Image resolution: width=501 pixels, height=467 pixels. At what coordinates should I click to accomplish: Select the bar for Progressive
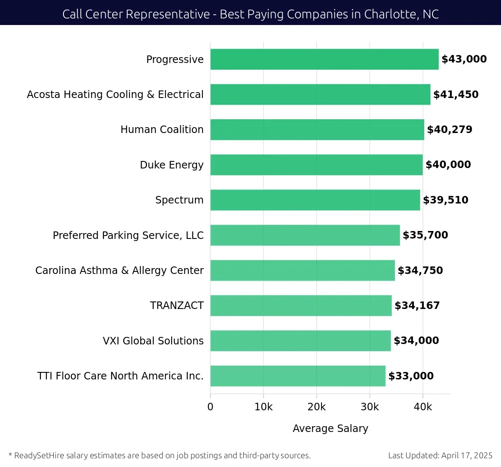(x=324, y=59)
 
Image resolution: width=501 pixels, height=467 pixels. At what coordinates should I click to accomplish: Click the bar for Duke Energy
(x=316, y=165)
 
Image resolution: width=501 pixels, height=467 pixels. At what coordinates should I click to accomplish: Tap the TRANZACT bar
(x=301, y=306)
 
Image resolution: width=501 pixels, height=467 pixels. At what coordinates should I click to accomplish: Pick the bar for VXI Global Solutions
(x=301, y=341)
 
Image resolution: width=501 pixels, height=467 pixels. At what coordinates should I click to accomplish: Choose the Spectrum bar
(x=315, y=200)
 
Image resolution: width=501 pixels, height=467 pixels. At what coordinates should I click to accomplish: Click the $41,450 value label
(x=456, y=95)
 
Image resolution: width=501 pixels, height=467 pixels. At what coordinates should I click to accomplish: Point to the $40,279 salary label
(x=450, y=130)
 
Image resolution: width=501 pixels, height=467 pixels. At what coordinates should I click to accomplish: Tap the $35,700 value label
(x=425, y=235)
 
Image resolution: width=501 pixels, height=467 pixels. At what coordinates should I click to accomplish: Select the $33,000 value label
(x=411, y=376)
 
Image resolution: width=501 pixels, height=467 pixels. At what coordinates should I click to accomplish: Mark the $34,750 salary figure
(x=420, y=271)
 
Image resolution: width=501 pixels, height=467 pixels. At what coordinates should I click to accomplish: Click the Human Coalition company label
(x=162, y=130)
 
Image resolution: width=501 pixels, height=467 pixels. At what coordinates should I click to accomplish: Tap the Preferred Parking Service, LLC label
(x=128, y=236)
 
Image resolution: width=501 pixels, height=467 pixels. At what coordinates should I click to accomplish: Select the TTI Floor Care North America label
(x=120, y=376)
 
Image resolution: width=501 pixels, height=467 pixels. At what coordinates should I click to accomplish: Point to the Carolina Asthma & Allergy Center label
(x=119, y=271)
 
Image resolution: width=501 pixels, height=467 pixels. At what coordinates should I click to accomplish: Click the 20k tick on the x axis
(x=316, y=407)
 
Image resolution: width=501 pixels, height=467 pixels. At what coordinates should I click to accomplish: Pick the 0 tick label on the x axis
(x=210, y=407)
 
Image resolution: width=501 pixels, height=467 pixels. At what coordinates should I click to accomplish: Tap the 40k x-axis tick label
(x=423, y=407)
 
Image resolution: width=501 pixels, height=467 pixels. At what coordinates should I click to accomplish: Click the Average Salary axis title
(x=330, y=429)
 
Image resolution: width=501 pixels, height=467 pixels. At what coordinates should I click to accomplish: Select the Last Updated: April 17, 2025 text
(x=440, y=455)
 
